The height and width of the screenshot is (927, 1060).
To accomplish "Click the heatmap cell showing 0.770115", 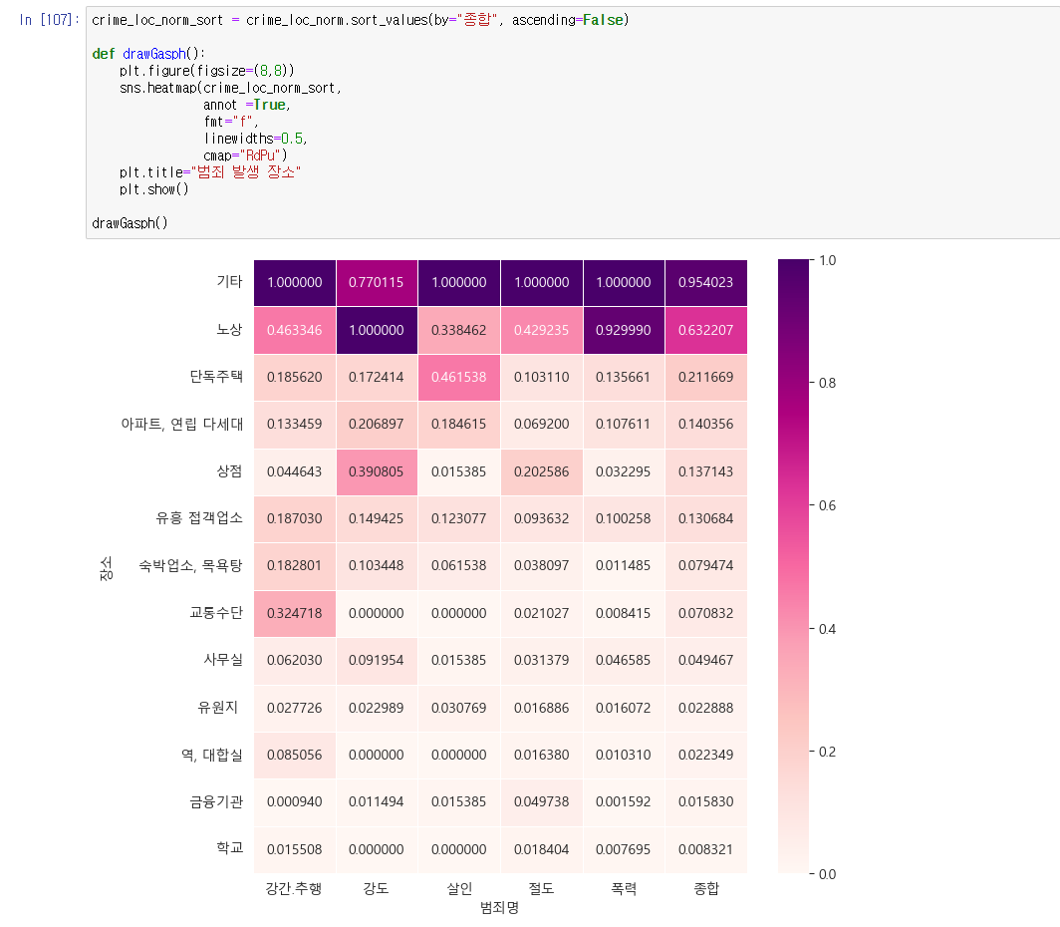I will point(377,283).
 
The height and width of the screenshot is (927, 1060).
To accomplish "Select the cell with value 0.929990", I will point(624,330).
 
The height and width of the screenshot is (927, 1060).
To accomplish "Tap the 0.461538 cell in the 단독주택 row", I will point(459,377).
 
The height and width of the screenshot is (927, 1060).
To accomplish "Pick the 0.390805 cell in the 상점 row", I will point(377,471).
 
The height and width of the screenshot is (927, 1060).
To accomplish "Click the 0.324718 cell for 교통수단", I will point(294,613).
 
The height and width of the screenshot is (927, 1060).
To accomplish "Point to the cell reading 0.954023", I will point(705,283).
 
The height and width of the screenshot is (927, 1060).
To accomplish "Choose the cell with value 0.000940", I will point(294,801).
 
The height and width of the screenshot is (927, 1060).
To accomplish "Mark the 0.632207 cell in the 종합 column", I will point(705,330).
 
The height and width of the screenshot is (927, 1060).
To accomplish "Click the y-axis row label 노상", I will point(229,330).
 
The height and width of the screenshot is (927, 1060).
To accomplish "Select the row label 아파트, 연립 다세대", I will point(181,425).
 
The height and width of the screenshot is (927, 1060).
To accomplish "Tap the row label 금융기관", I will point(216,801).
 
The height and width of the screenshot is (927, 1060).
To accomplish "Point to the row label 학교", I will point(229,848).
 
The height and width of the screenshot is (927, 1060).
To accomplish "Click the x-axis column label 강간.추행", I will point(294,888).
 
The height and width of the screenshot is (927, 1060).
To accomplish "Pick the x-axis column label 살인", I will point(459,888).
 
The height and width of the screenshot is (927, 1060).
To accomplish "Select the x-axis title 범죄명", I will point(499,908).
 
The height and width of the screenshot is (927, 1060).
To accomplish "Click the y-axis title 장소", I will point(106,567).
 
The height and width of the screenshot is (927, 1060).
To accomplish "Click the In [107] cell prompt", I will point(49,20).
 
